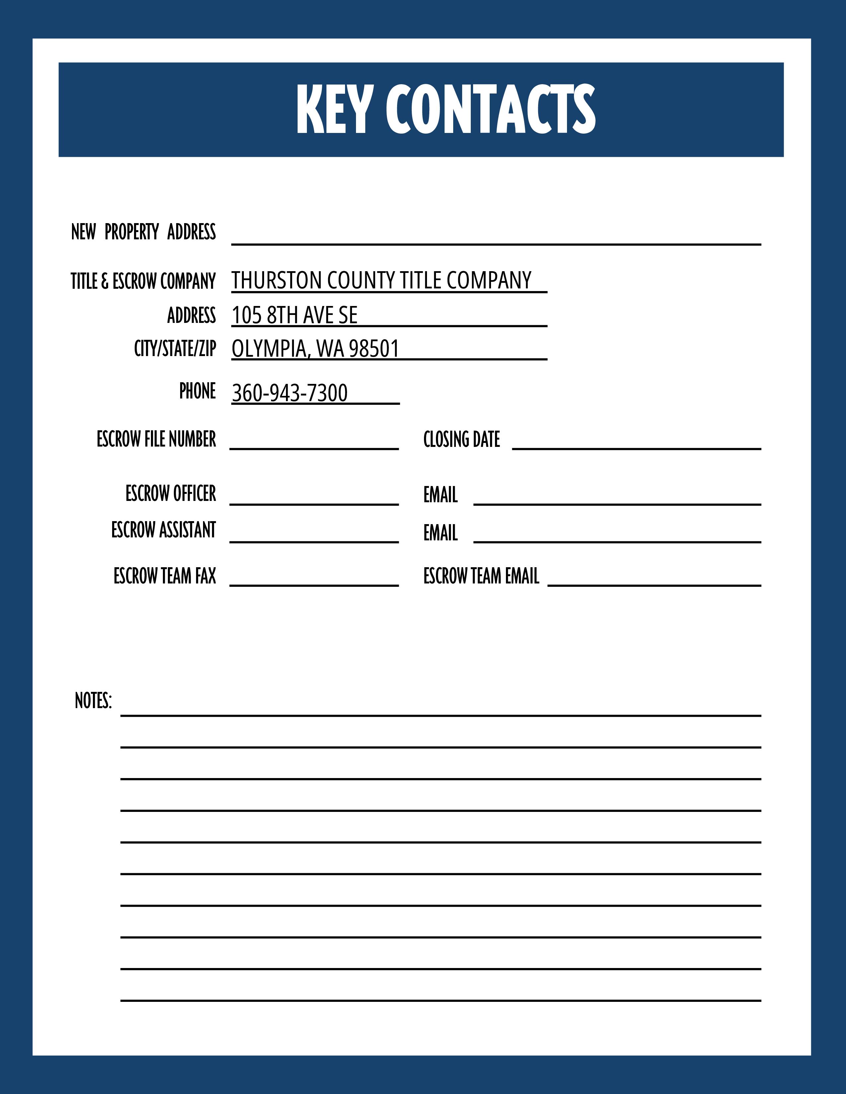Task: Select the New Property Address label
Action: [143, 232]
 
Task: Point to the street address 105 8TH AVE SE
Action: [295, 315]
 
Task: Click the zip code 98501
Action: [374, 349]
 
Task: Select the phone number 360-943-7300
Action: [290, 393]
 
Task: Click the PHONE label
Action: [197, 391]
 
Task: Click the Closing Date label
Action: [461, 439]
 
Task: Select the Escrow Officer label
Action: [171, 493]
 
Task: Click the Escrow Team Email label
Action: [481, 576]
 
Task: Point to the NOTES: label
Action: [93, 701]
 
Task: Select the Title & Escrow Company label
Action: [143, 281]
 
